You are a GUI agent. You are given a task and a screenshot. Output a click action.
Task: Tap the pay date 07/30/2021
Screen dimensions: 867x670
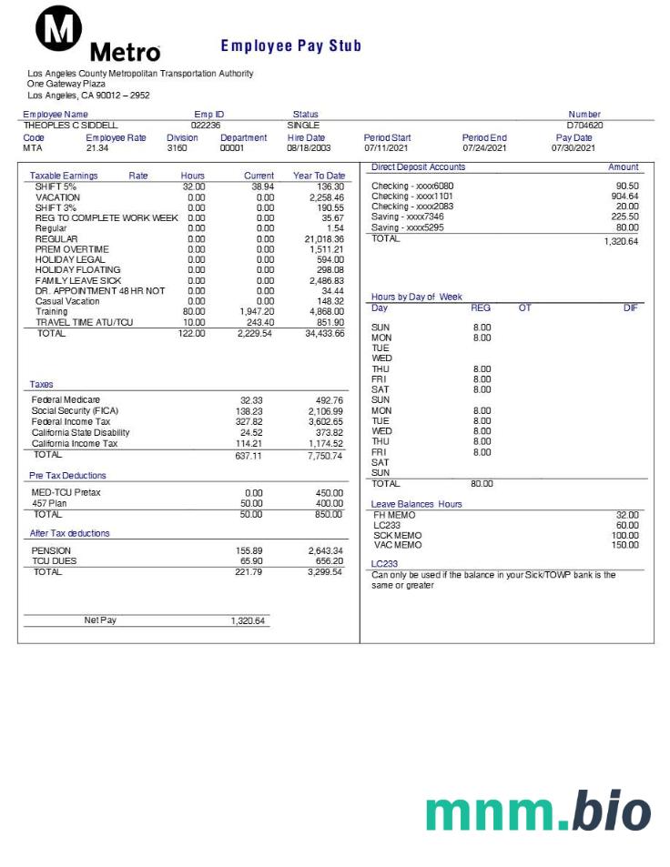573,147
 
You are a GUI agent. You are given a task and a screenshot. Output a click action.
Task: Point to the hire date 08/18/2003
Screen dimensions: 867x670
309,147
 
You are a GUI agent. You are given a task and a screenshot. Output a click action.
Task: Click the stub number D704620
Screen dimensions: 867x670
584,126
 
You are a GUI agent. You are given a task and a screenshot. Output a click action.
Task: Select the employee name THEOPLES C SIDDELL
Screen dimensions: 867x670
70,126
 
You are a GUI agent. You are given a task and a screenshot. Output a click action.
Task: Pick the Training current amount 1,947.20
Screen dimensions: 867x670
255,311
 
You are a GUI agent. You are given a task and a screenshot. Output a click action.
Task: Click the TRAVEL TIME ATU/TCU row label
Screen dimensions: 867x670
84,322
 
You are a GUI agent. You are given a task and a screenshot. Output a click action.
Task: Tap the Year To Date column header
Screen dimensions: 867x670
319,176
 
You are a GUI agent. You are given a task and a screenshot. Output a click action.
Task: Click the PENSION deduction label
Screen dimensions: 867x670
51,550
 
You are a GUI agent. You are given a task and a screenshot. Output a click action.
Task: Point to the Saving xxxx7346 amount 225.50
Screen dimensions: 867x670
624,217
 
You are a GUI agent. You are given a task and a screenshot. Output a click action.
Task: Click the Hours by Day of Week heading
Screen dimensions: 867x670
416,297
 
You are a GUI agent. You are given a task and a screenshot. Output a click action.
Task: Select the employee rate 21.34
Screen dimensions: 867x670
96,147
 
